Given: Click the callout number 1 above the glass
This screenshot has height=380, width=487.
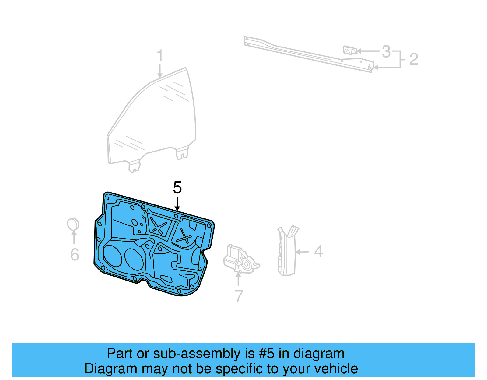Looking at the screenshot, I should click(160, 56).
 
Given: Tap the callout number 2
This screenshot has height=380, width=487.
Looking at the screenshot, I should click(414, 59).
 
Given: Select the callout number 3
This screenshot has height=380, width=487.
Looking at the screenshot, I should click(386, 51).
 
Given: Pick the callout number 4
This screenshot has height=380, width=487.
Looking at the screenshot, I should click(318, 252).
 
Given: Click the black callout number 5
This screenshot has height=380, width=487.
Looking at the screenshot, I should click(177, 187).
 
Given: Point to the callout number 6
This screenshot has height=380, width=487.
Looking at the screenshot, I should click(75, 255).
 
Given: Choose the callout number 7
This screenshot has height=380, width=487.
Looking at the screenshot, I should click(239, 296).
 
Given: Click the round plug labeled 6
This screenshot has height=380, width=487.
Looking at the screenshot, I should click(73, 225).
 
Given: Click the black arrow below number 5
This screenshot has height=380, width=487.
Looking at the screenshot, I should click(177, 204).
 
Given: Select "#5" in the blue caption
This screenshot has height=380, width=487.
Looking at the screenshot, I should click(267, 354).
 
